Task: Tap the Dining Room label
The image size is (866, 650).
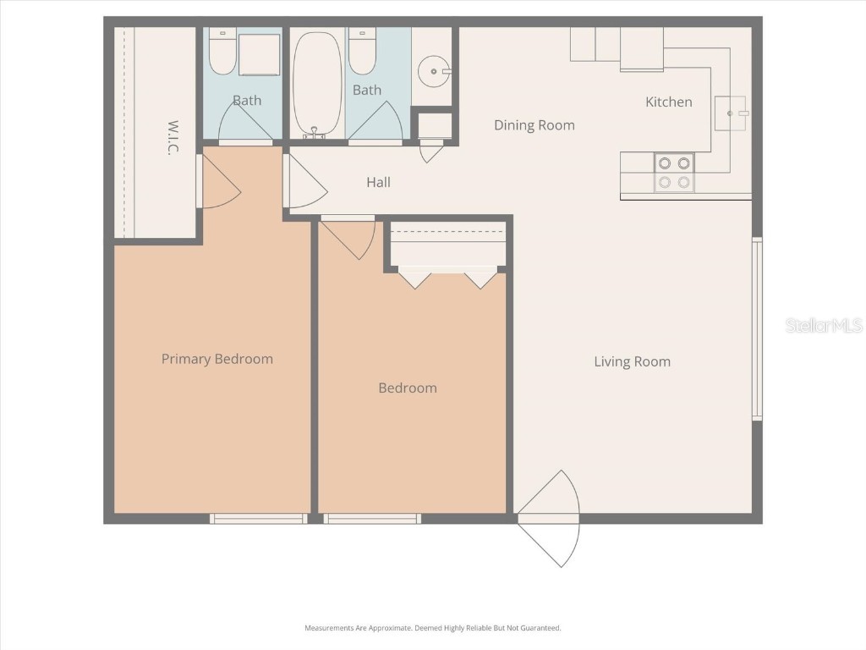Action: point(534,125)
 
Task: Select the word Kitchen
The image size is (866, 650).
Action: point(668,102)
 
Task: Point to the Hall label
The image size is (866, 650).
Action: point(378,182)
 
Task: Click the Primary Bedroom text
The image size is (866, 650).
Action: point(217,359)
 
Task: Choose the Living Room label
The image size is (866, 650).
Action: point(632,361)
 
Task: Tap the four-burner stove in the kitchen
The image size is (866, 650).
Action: point(673,172)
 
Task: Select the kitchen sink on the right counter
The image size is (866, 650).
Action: point(731,113)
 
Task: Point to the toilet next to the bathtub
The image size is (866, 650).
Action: point(362,52)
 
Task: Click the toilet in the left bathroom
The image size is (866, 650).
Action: point(222,52)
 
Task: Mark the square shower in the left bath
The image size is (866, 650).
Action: point(259,55)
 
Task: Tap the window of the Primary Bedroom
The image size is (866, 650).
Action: point(258,518)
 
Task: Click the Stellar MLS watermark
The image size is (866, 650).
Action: point(823,325)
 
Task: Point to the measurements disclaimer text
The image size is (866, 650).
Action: point(432,628)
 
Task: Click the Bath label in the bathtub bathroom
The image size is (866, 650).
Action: point(367,90)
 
